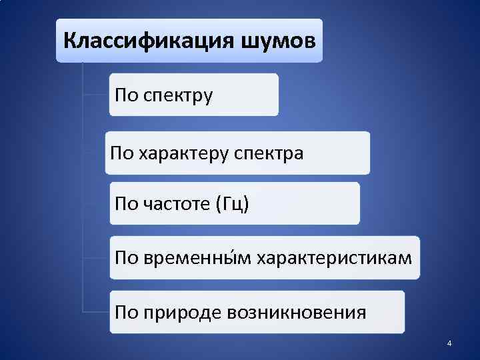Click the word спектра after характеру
pyautogui.click(x=269, y=154)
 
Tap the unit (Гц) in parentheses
pyautogui.click(x=233, y=204)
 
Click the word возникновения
pyautogui.click(x=297, y=312)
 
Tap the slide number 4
pyautogui.click(x=449, y=343)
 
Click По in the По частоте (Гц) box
pyautogui.click(x=127, y=204)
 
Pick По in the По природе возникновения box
pyautogui.click(x=127, y=312)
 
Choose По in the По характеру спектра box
pyautogui.click(x=122, y=154)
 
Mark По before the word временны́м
pyautogui.click(x=127, y=257)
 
